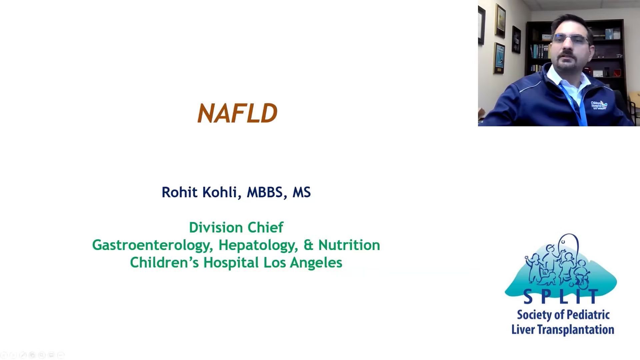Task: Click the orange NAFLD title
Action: (x=237, y=113)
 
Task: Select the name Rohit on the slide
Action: (x=179, y=192)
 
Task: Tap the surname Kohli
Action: (x=220, y=193)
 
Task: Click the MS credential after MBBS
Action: (x=302, y=192)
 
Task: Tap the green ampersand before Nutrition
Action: (x=309, y=245)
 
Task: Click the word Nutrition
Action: (x=349, y=245)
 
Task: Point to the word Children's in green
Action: (x=164, y=262)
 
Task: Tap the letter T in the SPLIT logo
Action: (x=592, y=296)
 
